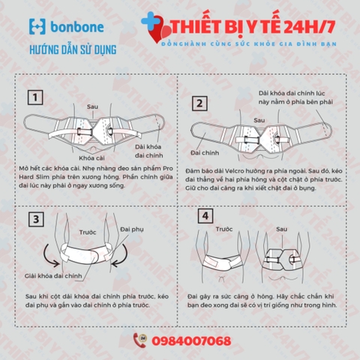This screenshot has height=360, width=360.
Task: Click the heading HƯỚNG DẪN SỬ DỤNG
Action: pos(72,51)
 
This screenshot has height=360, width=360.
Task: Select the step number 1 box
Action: pos(34,97)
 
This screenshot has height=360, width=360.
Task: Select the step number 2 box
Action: pos(199,103)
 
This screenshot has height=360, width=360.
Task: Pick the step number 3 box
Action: pos(34,220)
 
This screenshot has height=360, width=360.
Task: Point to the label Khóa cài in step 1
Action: pos(91,157)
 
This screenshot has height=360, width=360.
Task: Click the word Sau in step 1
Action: pos(94,106)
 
